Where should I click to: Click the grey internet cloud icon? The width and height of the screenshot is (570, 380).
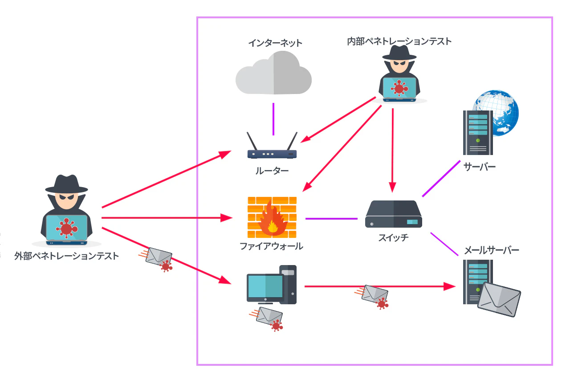coord(273,74)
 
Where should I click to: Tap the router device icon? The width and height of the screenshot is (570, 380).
coord(272,150)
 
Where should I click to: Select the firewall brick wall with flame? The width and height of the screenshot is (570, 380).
coord(272,217)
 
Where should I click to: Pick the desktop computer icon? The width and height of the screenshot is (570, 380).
coord(271,285)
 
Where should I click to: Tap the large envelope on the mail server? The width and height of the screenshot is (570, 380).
coord(499,299)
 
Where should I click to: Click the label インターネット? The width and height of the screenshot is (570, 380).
coord(275,43)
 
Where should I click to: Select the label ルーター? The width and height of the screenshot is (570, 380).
coord(272,171)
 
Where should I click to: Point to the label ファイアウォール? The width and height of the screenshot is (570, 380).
coord(271,246)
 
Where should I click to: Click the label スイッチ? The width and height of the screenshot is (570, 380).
coord(393,237)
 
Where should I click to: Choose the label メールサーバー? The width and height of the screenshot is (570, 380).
coord(492,250)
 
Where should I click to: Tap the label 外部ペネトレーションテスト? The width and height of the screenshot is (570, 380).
coord(66,256)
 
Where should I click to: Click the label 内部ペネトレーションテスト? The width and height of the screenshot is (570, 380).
coord(399,41)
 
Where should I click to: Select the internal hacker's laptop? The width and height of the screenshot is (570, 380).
coord(399,88)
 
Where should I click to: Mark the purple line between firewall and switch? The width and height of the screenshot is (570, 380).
coord(331,219)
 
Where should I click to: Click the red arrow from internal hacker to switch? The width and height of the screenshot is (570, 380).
coord(392,147)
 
